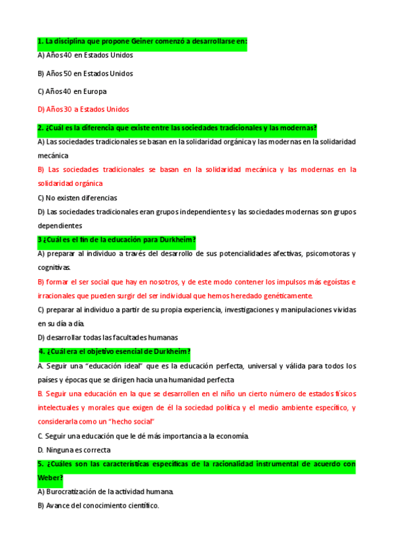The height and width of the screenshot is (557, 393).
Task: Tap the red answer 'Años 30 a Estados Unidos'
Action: click(83, 109)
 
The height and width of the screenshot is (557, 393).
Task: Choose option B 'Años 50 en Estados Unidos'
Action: click(85, 74)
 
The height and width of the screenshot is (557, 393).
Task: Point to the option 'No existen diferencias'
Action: click(77, 197)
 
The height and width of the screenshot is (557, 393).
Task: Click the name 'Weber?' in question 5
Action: click(51, 478)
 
